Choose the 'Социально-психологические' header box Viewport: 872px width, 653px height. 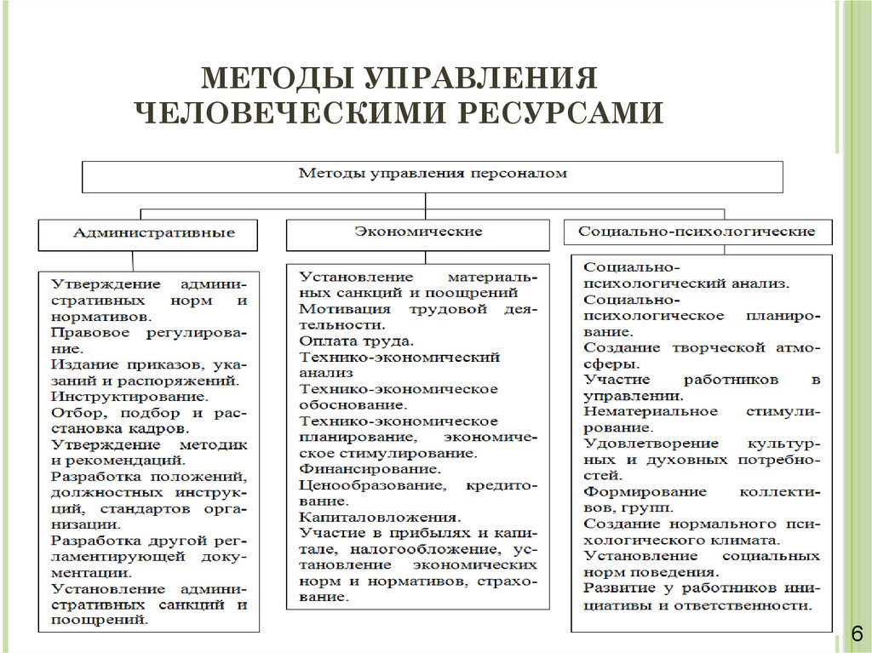697,231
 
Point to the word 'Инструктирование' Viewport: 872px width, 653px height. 128,396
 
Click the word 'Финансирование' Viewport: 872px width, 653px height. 370,468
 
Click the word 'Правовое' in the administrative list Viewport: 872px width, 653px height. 82,332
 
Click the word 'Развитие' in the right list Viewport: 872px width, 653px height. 615,588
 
